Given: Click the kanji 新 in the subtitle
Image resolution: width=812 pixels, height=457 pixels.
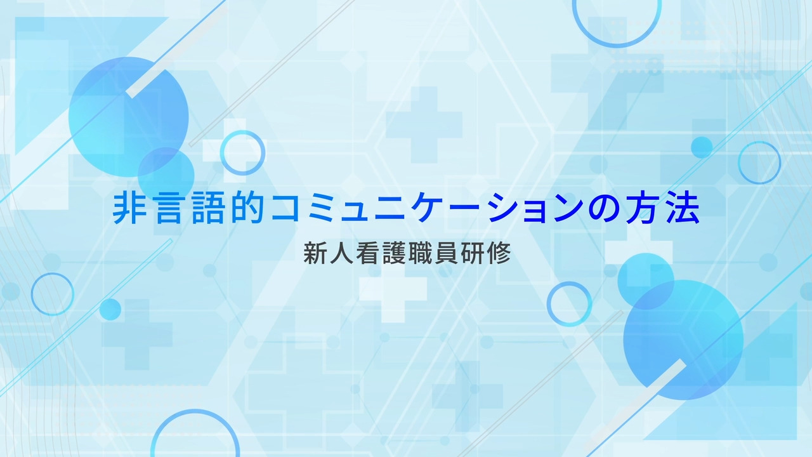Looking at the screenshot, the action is tap(315, 253).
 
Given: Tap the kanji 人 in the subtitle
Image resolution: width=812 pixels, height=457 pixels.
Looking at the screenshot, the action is tap(341, 253).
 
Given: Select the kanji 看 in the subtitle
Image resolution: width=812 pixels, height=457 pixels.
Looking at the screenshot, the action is tap(367, 253).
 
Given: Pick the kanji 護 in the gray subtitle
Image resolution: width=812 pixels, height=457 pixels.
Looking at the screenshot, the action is tap(394, 253).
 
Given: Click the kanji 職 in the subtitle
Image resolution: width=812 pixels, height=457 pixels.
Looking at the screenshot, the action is tap(420, 253).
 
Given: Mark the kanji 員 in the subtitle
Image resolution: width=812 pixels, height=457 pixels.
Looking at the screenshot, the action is tap(447, 253).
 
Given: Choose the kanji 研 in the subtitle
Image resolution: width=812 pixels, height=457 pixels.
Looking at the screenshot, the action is tap(473, 253).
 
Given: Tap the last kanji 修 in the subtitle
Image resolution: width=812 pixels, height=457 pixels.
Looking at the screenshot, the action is tap(499, 253).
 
